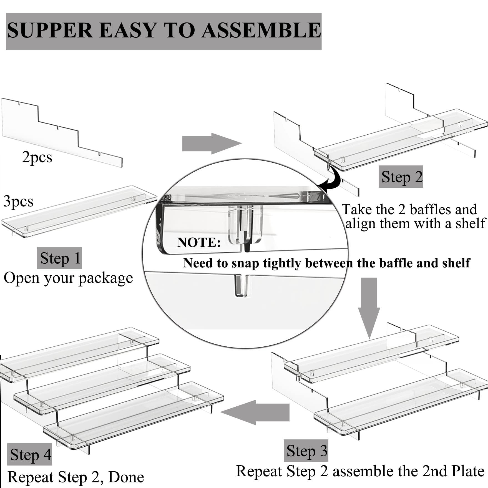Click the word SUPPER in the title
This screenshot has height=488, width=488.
tap(50, 30)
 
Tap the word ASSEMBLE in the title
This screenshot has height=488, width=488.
tap(261, 30)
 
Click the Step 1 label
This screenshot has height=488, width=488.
tap(60, 258)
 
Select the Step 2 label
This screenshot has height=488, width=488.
tap(401, 177)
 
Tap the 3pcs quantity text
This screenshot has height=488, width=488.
tap(18, 202)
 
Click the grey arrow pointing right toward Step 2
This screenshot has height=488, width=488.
tap(212, 144)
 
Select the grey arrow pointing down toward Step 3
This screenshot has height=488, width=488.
tap(369, 308)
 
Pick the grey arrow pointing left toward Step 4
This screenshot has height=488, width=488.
tap(255, 412)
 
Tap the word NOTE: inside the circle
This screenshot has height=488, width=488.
tap(199, 242)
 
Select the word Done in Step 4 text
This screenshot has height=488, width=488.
tap(126, 477)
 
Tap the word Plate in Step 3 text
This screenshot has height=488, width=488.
tap(468, 471)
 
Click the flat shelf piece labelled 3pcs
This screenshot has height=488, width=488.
tap(79, 212)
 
